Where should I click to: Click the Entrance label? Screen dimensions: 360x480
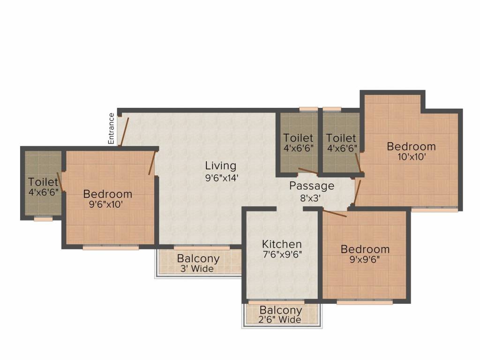[x=112, y=128]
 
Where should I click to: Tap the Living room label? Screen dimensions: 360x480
[x=220, y=165]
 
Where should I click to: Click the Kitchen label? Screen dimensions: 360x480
[x=282, y=244]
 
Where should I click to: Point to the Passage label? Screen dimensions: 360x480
[x=312, y=186]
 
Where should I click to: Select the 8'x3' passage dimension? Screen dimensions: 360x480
[x=310, y=198]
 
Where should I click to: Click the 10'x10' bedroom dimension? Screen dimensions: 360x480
[x=411, y=157]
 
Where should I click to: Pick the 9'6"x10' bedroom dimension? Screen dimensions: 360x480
[x=107, y=204]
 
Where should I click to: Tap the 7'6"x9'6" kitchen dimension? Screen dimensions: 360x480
[x=282, y=255]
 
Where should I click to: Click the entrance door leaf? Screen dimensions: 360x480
[x=124, y=131]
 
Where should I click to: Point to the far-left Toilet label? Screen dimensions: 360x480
[x=43, y=181]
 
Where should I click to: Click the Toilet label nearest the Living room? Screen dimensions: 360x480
[x=298, y=138]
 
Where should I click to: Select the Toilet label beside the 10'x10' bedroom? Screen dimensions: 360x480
[x=341, y=138]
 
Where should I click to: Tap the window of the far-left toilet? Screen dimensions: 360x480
[x=43, y=218]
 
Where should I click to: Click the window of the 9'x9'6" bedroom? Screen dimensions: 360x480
[x=364, y=302]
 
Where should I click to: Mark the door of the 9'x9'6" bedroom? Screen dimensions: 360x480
[x=334, y=214]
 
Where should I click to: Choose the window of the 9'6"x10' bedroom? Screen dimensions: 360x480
[x=111, y=247]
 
